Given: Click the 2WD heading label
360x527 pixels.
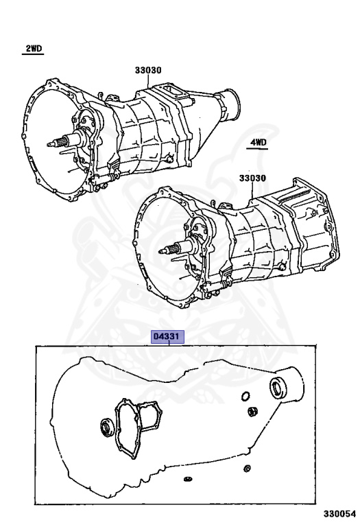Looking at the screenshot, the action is pyautogui.click(x=34, y=49).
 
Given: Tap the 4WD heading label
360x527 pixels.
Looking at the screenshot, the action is pyautogui.click(x=258, y=143).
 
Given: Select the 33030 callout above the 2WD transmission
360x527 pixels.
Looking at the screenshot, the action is pyautogui.click(x=148, y=70).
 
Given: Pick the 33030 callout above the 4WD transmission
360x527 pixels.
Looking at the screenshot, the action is pyautogui.click(x=252, y=178).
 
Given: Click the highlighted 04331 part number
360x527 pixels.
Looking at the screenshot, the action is pyautogui.click(x=168, y=337).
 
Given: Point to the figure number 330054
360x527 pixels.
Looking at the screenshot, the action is pyautogui.click(x=339, y=514).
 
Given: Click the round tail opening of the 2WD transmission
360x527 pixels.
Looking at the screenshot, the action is pyautogui.click(x=232, y=104).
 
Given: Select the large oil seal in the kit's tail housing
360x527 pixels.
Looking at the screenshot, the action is pyautogui.click(x=278, y=388).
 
